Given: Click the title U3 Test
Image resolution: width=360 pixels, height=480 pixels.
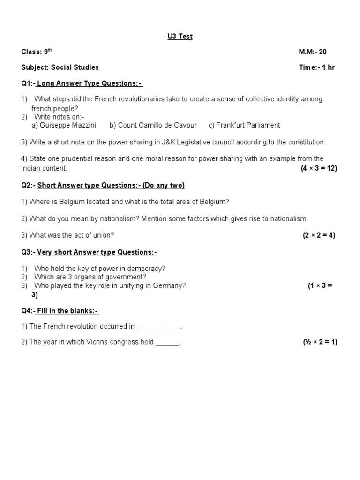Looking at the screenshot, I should point(180,37).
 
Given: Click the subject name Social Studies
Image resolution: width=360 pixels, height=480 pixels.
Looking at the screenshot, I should point(75,67).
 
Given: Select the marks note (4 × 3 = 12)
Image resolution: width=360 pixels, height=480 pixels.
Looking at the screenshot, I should point(319,168).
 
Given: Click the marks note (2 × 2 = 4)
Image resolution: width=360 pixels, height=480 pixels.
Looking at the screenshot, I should point(319,235).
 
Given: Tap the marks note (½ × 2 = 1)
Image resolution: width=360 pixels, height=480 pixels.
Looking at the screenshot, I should point(320,342).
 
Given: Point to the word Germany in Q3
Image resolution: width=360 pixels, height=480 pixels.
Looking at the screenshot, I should point(172,285).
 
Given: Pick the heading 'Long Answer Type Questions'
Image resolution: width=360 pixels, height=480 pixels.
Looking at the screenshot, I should point(89,83).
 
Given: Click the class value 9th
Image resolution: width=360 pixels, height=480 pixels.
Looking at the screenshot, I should point(48,52).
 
